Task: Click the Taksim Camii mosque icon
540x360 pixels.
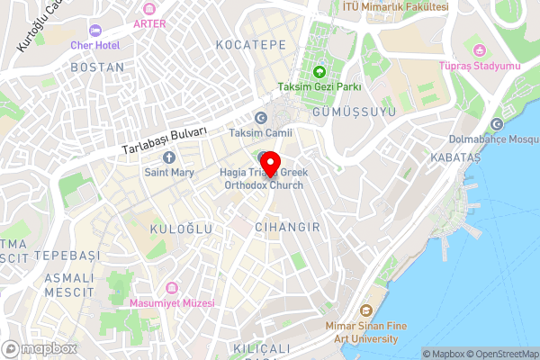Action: coord(261,117)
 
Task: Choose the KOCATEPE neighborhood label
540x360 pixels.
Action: coord(251,44)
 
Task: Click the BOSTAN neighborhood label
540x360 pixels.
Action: coord(97,67)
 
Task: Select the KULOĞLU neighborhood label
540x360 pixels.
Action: coord(182,229)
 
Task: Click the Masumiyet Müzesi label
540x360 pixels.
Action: coord(173,303)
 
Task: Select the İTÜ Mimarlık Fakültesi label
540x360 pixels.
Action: coord(395,6)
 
